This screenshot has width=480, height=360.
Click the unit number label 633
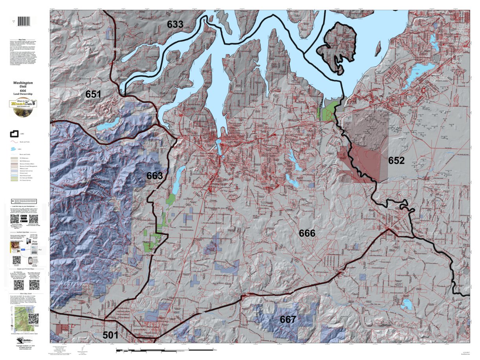point(175,24)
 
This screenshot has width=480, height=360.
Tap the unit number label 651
point(93,94)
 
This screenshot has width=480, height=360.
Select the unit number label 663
point(154,175)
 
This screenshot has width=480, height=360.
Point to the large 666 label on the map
point(307,233)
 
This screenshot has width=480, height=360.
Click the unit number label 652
point(396,160)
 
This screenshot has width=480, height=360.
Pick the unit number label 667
point(288,320)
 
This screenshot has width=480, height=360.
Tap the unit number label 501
point(110,335)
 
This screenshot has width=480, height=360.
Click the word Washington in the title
point(23,83)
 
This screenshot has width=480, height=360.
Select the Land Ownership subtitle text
point(23,94)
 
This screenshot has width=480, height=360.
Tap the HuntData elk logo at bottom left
point(23,341)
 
